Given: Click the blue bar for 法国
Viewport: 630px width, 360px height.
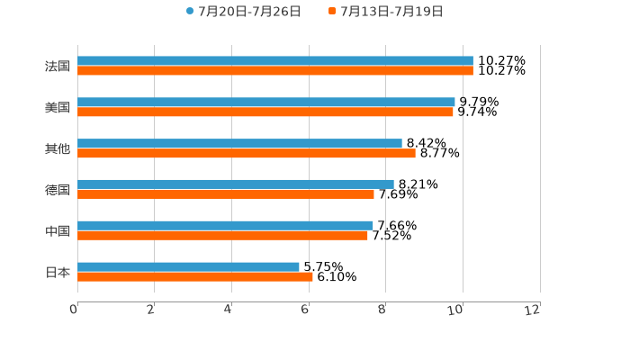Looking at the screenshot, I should coord(274,61).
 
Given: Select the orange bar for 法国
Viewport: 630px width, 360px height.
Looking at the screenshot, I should coord(274,71).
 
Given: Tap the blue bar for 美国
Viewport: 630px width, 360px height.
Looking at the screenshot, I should coord(266,103).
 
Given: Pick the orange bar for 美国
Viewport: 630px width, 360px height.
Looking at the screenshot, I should coord(265,112).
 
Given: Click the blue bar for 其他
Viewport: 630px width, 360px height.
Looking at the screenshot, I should coord(239,143).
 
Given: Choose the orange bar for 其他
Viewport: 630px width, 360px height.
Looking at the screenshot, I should coord(247,153).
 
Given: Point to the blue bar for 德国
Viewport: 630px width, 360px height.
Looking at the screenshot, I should coord(236,184).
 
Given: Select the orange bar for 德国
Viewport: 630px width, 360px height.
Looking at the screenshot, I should coord(226,194).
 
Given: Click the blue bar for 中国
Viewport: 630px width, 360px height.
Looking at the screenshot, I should coord(225,225).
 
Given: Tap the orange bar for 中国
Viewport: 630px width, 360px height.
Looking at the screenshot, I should coord(222,236).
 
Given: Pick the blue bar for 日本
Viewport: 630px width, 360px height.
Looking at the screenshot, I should coord(188,266).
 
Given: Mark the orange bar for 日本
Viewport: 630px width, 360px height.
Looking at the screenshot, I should coord(195,276).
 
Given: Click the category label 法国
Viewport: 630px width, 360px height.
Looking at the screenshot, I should coord(58,67).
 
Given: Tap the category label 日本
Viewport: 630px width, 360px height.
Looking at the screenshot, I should coord(58,272).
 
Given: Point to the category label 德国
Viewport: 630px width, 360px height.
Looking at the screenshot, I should coord(58,190).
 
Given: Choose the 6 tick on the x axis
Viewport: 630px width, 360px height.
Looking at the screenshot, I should coord(305,310).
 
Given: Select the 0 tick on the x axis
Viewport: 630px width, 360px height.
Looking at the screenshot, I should coord(74,310).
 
